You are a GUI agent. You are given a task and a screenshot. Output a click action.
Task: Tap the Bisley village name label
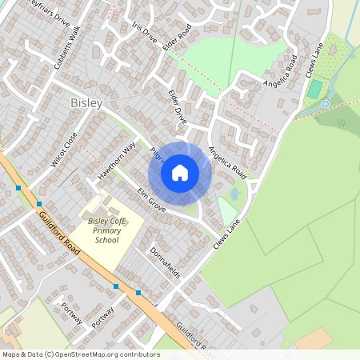(x=86, y=103)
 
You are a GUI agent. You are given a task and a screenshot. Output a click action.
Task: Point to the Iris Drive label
(x=146, y=33)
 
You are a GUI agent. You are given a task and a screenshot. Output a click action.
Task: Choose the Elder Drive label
(x=178, y=106)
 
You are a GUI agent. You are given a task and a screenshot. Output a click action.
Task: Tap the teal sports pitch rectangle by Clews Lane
(x=314, y=88)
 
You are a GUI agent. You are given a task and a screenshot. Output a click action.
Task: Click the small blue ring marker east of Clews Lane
(x=326, y=104)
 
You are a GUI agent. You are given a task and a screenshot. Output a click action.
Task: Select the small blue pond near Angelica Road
(x=234, y=194)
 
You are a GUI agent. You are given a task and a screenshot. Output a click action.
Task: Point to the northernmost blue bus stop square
(x=18, y=188)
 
